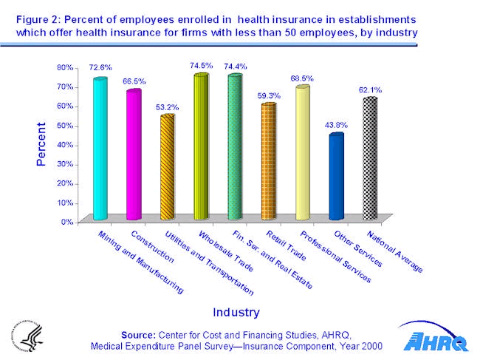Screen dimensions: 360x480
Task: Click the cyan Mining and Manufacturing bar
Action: pyautogui.click(x=100, y=148)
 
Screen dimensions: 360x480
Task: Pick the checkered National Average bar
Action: pyautogui.click(x=370, y=158)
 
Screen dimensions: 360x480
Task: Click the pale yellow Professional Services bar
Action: pyautogui.click(x=302, y=152)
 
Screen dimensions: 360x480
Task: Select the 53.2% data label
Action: pyautogui.click(x=167, y=106)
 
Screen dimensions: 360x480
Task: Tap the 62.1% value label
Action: pyautogui.click(x=370, y=89)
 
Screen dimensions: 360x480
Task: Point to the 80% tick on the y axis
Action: pyautogui.click(x=65, y=67)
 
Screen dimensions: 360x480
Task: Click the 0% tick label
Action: pyautogui.click(x=67, y=221)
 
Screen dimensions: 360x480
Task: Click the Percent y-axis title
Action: pyautogui.click(x=41, y=144)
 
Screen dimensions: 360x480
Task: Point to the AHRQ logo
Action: pyautogui.click(x=436, y=338)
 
